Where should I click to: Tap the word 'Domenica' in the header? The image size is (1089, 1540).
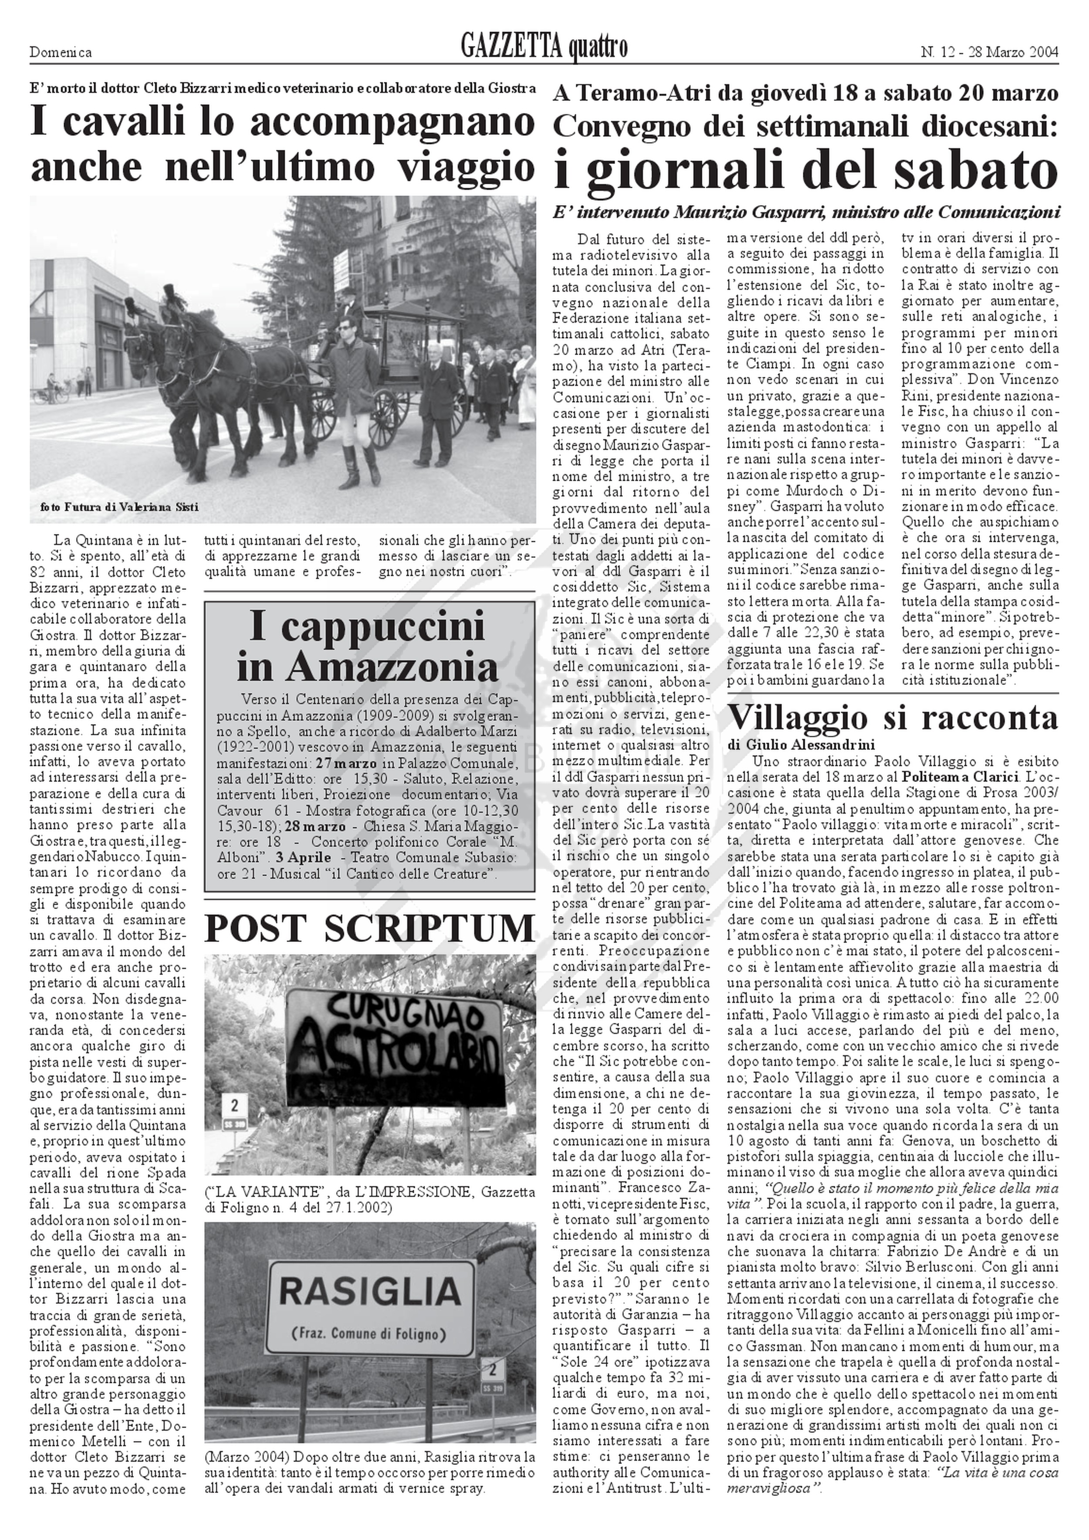click(x=61, y=52)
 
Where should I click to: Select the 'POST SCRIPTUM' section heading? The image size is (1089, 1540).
click(x=369, y=929)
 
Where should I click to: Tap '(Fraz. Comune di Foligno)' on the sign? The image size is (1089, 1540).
click(x=369, y=1332)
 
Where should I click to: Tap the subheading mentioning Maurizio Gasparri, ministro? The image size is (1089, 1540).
click(x=806, y=213)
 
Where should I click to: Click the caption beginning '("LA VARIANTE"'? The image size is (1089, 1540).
click(x=369, y=1200)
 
